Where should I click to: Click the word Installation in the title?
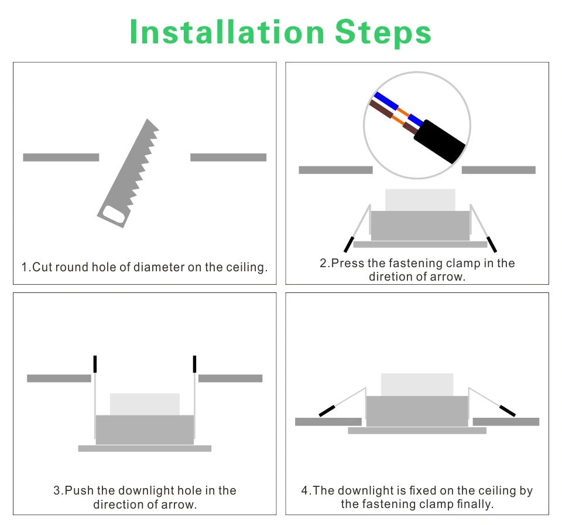(227, 32)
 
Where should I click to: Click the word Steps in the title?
(383, 33)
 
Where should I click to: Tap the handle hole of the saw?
(114, 215)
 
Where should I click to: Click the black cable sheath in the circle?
(440, 141)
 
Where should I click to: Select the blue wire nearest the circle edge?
(386, 101)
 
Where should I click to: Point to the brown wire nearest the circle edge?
(381, 109)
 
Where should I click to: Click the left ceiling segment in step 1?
(61, 157)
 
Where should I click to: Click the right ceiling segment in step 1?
(228, 157)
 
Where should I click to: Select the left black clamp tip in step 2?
(349, 244)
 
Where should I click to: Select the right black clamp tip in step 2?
(492, 244)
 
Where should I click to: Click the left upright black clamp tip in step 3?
(95, 364)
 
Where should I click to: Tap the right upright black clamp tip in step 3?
(194, 364)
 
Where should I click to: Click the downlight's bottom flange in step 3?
(145, 448)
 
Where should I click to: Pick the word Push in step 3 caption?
(79, 490)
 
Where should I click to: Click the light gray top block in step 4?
(417, 385)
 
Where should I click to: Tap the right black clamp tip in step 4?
(508, 411)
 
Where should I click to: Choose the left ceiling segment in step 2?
(336, 170)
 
